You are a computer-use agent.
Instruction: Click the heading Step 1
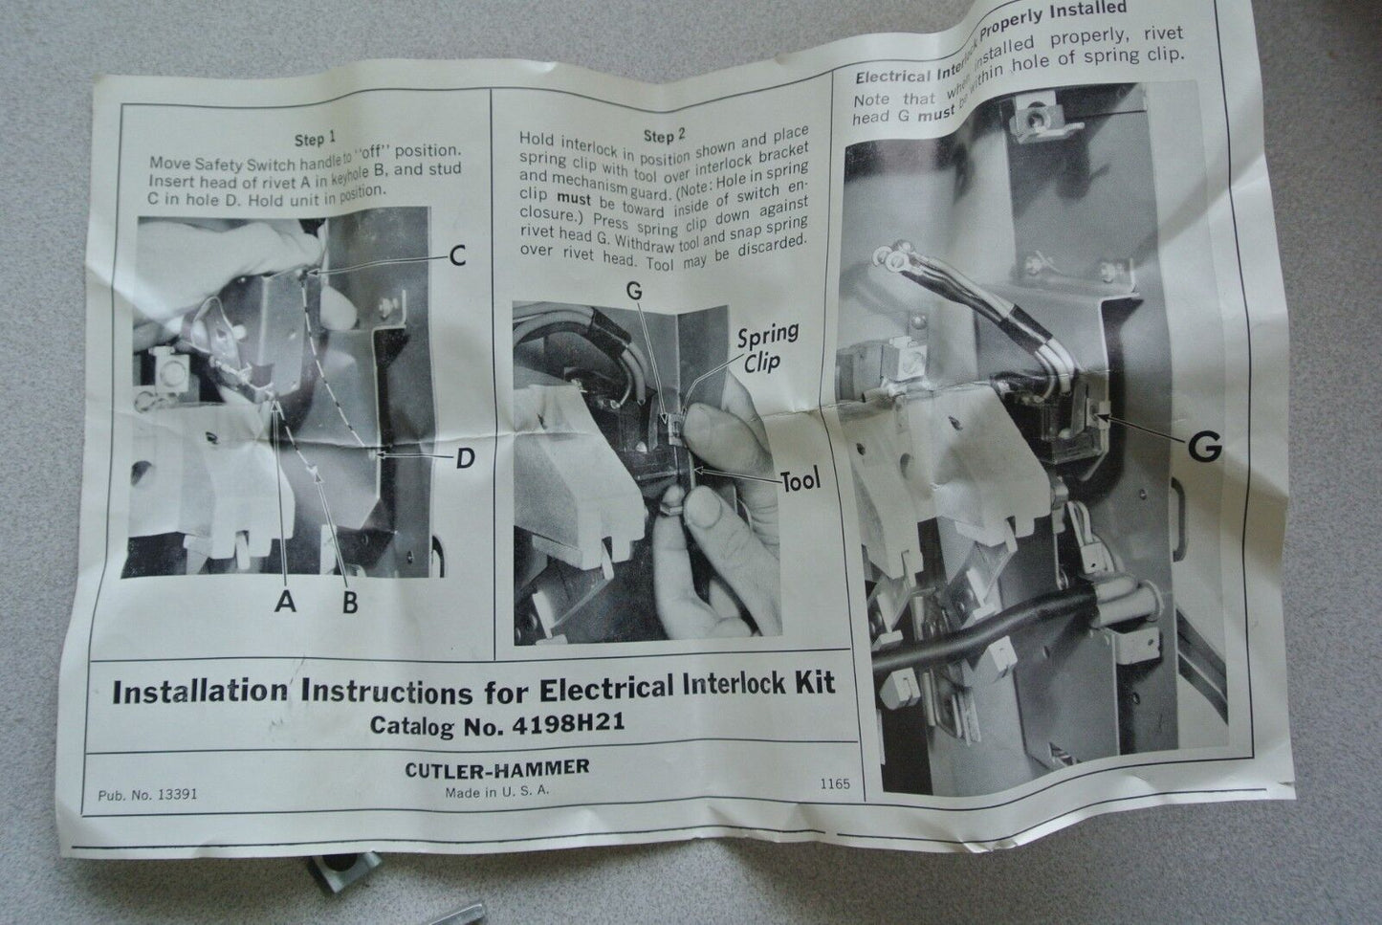(316, 140)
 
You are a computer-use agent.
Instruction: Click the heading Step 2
(664, 135)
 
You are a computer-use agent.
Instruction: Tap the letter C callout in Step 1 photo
(457, 255)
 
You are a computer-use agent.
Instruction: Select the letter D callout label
(465, 458)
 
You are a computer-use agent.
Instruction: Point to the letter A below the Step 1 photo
(285, 600)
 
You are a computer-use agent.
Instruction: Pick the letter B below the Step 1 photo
(350, 603)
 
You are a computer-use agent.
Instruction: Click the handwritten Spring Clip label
(767, 347)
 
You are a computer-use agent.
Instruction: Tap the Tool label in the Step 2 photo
(801, 481)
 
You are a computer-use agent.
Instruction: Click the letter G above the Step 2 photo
(634, 291)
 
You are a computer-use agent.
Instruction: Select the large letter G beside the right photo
(1204, 447)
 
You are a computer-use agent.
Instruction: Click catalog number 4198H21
(568, 723)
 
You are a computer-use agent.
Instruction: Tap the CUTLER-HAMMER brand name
(497, 768)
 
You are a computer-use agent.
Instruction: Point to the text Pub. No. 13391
(147, 795)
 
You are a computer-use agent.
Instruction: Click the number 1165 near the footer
(835, 783)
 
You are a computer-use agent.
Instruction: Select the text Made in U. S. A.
(497, 792)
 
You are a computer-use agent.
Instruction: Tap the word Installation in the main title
(200, 692)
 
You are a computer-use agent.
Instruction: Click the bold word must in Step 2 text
(574, 200)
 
